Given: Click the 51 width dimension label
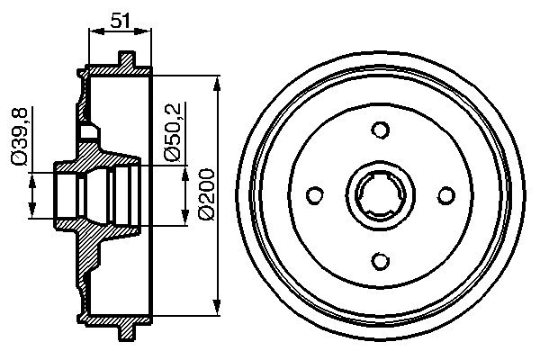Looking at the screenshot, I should pos(120,18).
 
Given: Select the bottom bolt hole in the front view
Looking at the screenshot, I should pos(381,258).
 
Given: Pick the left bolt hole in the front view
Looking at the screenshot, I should pos(315,193).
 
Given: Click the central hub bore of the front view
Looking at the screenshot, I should pos(381,193).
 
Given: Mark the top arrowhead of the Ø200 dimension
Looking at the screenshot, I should pos(217,83).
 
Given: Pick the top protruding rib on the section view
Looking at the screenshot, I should pos(127,59).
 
